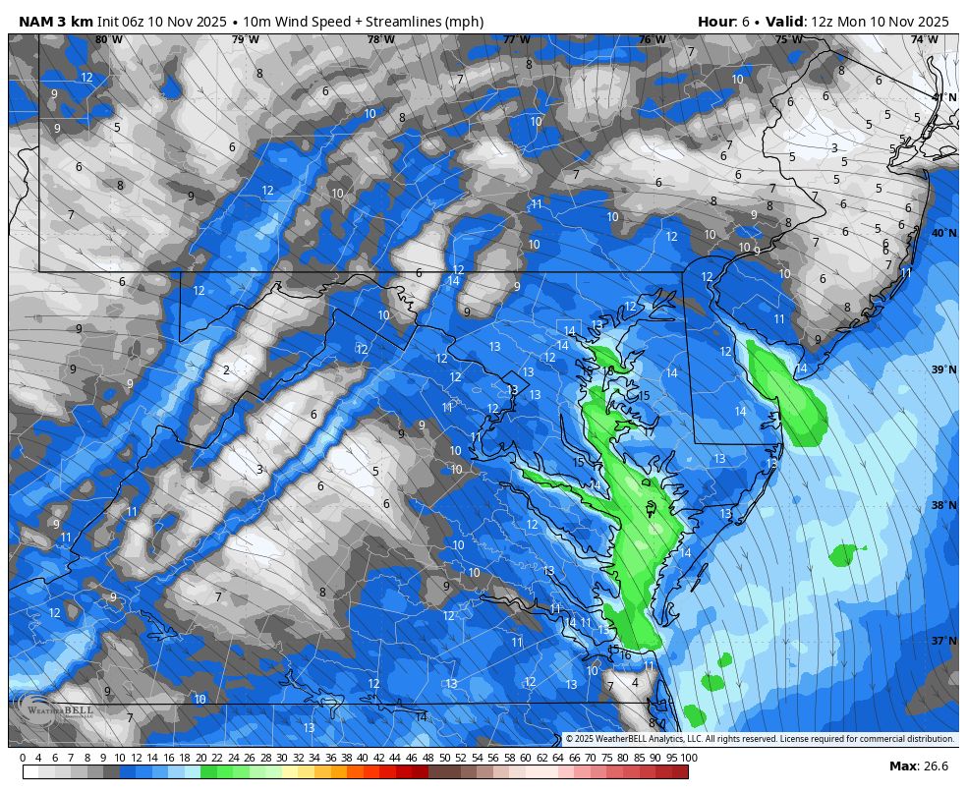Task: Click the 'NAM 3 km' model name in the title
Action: [x=55, y=22]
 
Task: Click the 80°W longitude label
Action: [x=109, y=39]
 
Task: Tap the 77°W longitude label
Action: [x=516, y=39]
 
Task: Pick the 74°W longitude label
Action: [x=923, y=39]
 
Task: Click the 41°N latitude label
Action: [x=943, y=97]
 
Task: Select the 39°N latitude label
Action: [x=943, y=369]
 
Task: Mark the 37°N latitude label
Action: [x=943, y=641]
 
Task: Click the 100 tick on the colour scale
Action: [x=689, y=758]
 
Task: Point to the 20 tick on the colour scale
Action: [x=200, y=758]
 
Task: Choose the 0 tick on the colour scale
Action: [x=23, y=758]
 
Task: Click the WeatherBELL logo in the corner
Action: [x=54, y=709]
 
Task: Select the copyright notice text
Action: [x=760, y=739]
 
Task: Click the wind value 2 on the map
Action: [x=226, y=370]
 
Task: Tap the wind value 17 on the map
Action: [x=650, y=431]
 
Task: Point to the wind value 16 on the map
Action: [x=625, y=655]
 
